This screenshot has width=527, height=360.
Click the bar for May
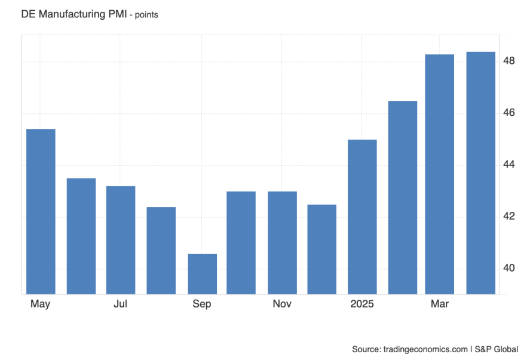coord(41,211)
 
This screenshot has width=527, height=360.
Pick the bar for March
coord(440,174)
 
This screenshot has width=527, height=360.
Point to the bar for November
coord(282,242)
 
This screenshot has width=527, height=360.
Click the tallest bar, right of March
coord(480,173)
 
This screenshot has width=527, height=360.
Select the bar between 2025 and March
coord(402,197)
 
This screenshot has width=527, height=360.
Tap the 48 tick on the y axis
coord(509,61)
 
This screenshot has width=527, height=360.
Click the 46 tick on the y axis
coord(509,113)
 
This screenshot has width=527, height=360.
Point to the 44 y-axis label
coord(509,165)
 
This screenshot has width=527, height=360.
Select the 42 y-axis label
coord(509,216)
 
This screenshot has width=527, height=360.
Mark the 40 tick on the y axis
coord(509,268)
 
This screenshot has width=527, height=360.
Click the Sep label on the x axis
coord(202,304)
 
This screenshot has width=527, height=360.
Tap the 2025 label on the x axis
coord(362,304)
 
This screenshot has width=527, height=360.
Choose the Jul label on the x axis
coord(121,304)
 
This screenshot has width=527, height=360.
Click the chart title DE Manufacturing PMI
coord(73,14)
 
